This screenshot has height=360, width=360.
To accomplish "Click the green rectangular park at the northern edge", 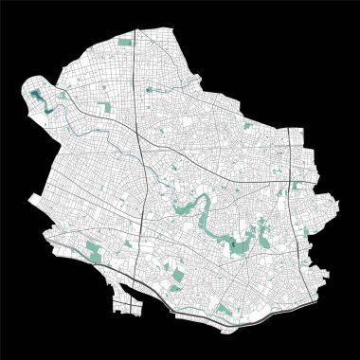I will pos(126,43).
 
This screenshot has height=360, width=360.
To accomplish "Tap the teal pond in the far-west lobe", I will pos(37,95).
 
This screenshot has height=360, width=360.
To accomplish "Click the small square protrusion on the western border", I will pos(35,199).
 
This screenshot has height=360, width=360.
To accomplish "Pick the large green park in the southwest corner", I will pos(92,250).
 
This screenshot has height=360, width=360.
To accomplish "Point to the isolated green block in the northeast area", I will pos(248,125).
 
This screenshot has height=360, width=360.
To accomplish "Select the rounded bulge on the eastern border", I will pos(327,205).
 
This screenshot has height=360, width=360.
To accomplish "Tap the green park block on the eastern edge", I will pos(299,186).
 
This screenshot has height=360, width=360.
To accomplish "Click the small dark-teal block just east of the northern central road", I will pos(149,89).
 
